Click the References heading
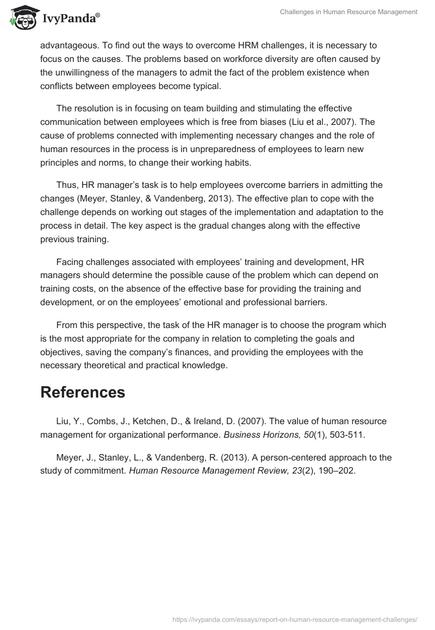pos(83,392)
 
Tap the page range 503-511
pos(340,434)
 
